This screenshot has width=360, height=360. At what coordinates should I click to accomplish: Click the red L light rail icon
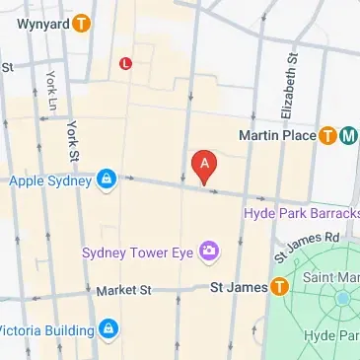125,64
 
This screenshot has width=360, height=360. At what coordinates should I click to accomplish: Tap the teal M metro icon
347,136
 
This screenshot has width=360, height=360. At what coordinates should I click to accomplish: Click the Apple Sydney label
49,180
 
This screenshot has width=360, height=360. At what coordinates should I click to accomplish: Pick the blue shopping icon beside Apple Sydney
107,180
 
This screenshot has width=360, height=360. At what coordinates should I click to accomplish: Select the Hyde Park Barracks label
302,213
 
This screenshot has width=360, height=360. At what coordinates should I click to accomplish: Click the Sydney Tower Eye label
138,252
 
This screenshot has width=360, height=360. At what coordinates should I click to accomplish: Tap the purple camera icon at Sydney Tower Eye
209,252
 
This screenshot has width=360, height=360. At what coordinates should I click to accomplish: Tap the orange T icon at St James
279,287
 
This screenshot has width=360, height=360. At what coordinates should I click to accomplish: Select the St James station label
240,287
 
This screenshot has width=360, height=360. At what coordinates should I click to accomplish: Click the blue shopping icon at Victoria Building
110,328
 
